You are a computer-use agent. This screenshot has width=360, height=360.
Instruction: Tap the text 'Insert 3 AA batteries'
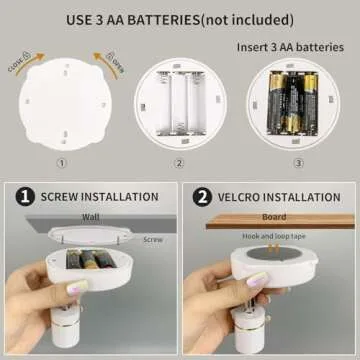(x=291, y=47)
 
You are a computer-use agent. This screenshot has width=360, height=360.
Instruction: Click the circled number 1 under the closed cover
(x=62, y=163)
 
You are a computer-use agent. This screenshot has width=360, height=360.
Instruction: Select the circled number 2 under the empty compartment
(x=179, y=163)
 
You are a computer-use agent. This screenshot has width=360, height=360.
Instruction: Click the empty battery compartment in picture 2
(x=180, y=103)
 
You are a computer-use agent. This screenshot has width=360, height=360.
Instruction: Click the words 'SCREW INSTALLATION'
(x=100, y=198)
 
